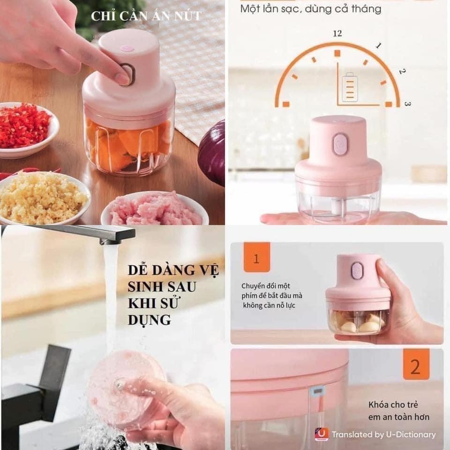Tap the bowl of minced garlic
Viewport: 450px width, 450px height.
pos(43,198)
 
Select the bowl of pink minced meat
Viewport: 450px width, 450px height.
pos(155,208)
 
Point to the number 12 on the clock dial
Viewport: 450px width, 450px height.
pos(337,34)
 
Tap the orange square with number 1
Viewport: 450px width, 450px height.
pos(257,257)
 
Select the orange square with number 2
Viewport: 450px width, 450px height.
pos(416,364)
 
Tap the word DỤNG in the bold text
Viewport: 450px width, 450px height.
pos(149,319)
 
